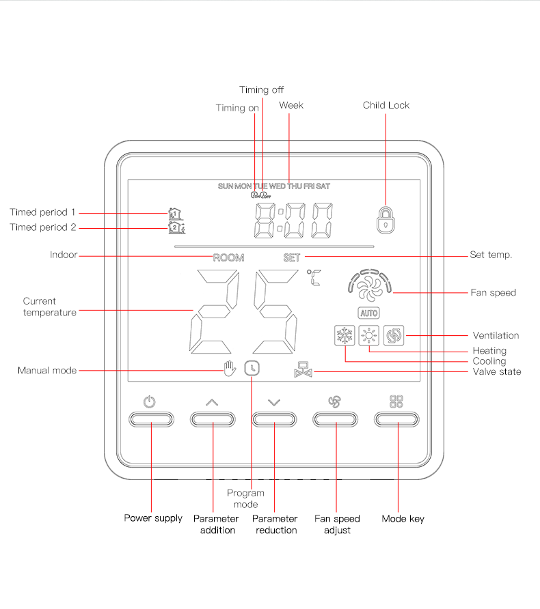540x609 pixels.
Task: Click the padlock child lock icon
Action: (x=386, y=218)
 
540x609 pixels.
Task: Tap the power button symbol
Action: (x=150, y=402)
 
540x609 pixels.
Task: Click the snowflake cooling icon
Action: (x=341, y=336)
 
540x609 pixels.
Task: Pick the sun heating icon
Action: (x=369, y=336)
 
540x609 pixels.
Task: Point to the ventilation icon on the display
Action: (x=394, y=336)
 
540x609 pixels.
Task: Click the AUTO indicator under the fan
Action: (x=368, y=313)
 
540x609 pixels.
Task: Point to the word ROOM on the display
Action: (x=228, y=258)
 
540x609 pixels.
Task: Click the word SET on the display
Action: (x=292, y=258)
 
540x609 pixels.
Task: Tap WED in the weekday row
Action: (x=278, y=186)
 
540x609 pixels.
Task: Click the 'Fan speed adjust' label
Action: (x=337, y=524)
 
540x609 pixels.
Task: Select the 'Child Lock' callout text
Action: (x=386, y=105)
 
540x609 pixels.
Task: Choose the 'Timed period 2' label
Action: (x=43, y=227)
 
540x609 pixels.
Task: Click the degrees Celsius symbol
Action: (x=314, y=277)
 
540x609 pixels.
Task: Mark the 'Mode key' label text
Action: (x=403, y=519)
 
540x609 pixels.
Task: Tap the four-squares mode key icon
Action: (x=396, y=401)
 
